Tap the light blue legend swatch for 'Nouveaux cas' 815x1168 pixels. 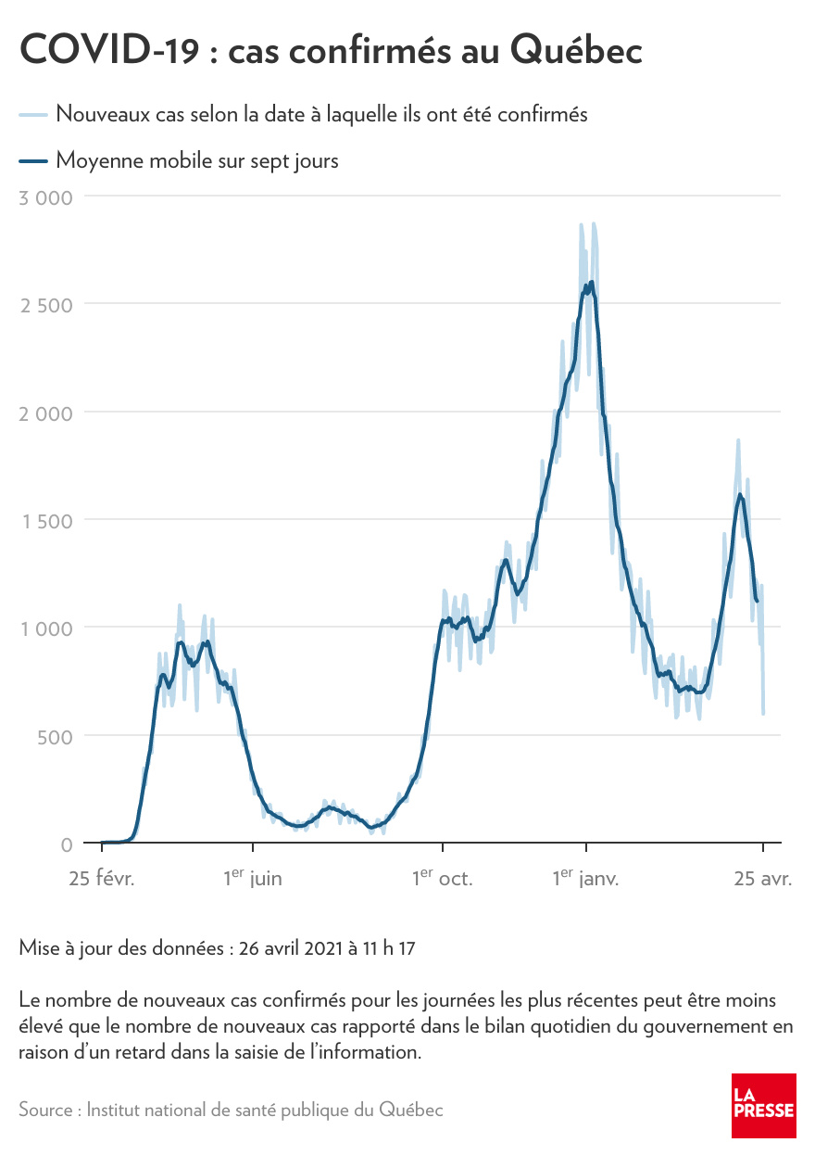[x=32, y=115]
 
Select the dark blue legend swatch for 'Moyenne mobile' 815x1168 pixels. [x=32, y=161]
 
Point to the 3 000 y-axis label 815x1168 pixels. [x=46, y=197]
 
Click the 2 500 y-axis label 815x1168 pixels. [x=46, y=304]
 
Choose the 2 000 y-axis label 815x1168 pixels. [x=46, y=413]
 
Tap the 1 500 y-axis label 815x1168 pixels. [x=46, y=520]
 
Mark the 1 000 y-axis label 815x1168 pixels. [x=46, y=628]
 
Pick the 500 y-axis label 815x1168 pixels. [x=55, y=736]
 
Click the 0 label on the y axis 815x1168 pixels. [x=67, y=844]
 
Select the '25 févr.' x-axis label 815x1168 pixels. [x=102, y=878]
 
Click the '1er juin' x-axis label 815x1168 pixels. [x=252, y=877]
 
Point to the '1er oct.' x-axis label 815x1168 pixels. [x=442, y=877]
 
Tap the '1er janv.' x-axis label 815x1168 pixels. [x=585, y=877]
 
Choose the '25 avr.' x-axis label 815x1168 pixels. [x=763, y=878]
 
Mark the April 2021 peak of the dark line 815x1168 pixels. [x=739, y=495]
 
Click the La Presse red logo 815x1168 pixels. [x=764, y=1106]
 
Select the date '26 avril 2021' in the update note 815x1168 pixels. [x=289, y=949]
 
